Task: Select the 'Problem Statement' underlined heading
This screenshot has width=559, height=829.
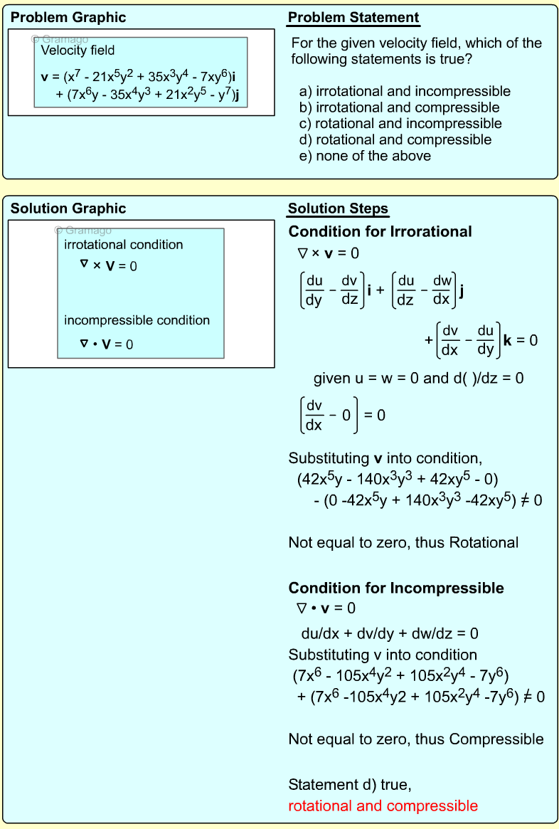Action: [353, 18]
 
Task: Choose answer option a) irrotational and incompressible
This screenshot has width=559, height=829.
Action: [405, 92]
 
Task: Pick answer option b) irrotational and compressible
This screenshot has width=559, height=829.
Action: [400, 107]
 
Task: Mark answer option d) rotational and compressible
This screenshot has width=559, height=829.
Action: [395, 139]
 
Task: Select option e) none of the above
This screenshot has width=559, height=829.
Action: [365, 156]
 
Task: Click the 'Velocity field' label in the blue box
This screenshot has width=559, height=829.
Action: [78, 51]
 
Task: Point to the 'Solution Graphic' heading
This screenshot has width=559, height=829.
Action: [68, 208]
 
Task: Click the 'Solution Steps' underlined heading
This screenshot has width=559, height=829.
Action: [338, 208]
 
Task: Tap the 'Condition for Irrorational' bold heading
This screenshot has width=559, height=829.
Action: [380, 232]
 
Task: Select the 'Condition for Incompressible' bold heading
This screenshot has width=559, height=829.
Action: [396, 588]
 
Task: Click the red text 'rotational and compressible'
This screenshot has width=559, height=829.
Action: [383, 806]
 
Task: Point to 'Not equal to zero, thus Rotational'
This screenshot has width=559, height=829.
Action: [403, 543]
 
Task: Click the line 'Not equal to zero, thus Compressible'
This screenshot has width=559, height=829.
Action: [416, 739]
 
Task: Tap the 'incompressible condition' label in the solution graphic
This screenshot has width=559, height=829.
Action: [137, 320]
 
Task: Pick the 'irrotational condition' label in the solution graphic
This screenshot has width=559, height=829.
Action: [124, 245]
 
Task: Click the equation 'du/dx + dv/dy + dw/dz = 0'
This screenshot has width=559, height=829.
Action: [390, 633]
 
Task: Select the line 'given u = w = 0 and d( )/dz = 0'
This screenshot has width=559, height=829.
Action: [418, 379]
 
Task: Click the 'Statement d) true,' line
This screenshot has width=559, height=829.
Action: [350, 786]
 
